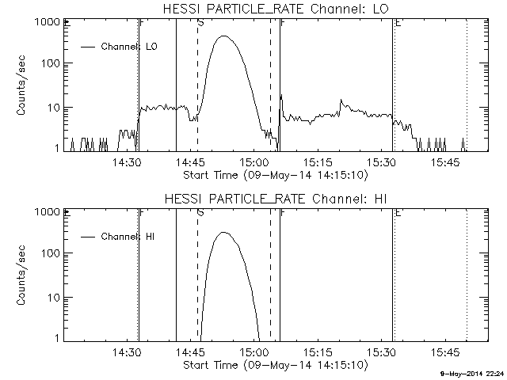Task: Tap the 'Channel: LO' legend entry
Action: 130,47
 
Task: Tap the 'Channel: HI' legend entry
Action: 130,237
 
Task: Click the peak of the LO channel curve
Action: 225,36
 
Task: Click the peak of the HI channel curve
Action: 224,233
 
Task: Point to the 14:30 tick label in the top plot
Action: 127,163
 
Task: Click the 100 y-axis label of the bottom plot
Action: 49,253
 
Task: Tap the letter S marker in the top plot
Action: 200,23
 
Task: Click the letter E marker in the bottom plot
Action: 398,213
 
